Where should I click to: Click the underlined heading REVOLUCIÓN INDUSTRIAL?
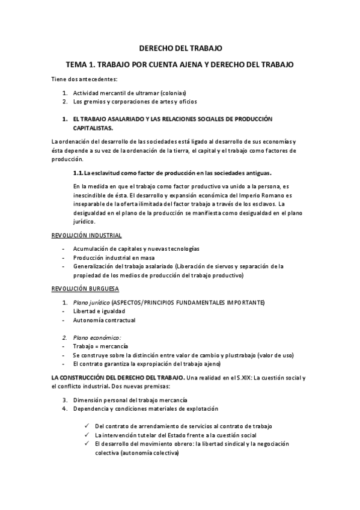pyautogui.click(x=87, y=235)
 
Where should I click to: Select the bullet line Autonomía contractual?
pyautogui.click(x=104, y=320)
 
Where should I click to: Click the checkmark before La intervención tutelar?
pyautogui.click(x=88, y=435)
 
